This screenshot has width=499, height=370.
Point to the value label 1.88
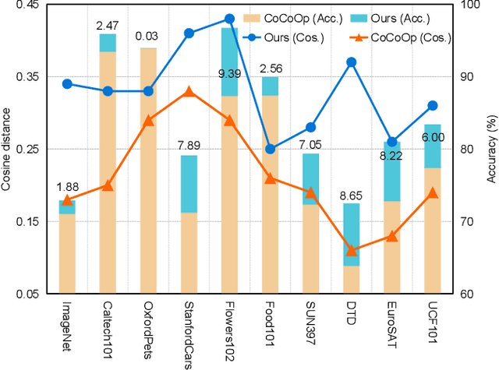(67, 186)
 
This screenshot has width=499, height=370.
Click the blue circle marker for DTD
(352, 62)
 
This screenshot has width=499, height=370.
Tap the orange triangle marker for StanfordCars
(189, 91)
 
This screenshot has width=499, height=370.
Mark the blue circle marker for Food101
(270, 149)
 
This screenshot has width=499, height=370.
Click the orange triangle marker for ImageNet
(67, 200)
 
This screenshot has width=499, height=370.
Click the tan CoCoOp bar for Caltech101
(108, 171)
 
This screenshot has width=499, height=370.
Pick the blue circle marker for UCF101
(433, 105)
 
